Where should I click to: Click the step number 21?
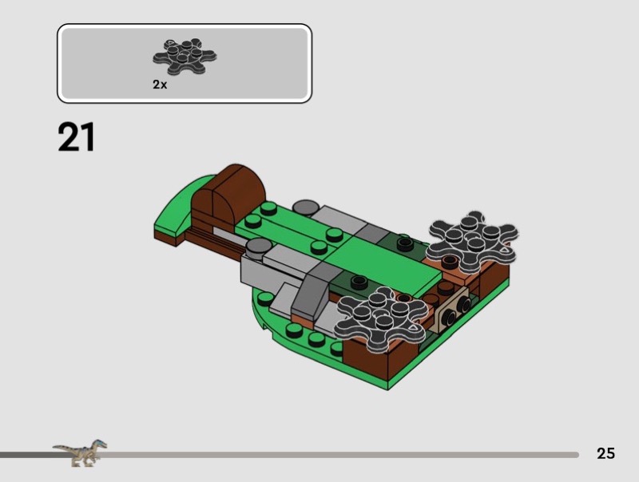(x=76, y=136)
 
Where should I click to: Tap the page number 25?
(x=605, y=453)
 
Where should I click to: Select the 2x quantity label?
(x=160, y=85)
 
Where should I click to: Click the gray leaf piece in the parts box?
(x=185, y=57)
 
